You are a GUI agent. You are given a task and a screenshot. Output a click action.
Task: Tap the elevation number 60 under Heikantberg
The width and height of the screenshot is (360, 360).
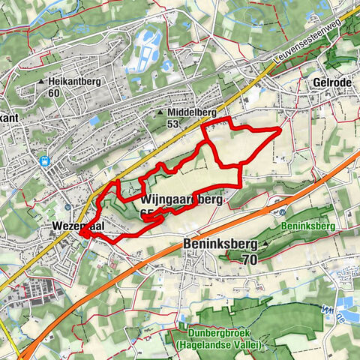(53, 93)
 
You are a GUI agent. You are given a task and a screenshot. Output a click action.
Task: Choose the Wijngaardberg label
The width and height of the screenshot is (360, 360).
(181, 200)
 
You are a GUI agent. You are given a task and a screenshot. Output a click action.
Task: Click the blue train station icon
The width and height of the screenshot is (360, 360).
(45, 160)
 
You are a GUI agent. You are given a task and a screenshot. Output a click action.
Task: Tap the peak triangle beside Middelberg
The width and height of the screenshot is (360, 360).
(160, 113)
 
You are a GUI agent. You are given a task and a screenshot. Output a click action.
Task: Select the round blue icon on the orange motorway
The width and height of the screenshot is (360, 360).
(270, 212)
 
